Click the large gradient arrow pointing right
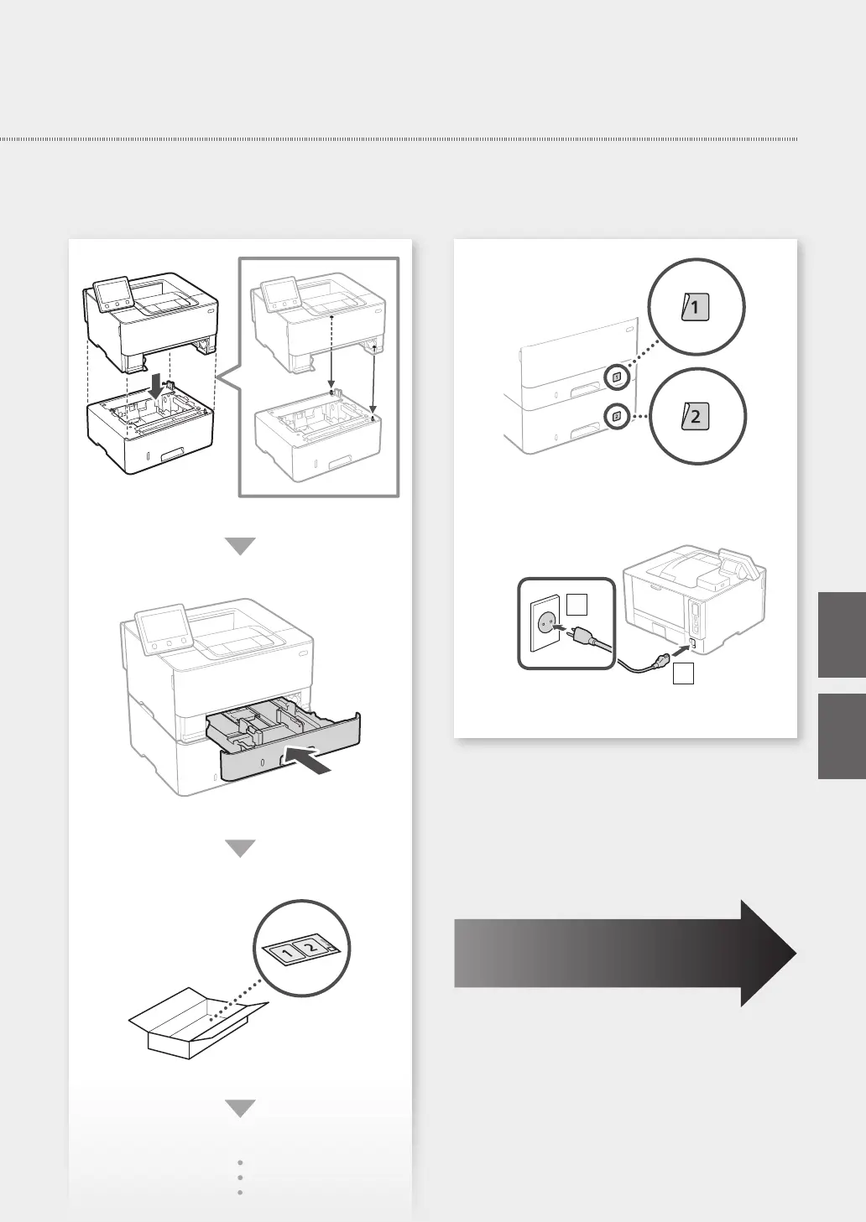[x=625, y=953]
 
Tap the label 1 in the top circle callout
[x=696, y=308]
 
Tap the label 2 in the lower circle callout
[x=696, y=415]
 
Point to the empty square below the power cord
[x=683, y=673]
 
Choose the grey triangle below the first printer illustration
[x=241, y=546]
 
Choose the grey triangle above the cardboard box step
[x=241, y=848]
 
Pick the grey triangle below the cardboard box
[x=241, y=1109]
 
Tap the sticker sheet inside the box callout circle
[x=300, y=950]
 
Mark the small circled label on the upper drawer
[x=617, y=377]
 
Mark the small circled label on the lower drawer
[x=617, y=415]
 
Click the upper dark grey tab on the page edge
[x=842, y=634]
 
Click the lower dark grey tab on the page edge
[x=842, y=736]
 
